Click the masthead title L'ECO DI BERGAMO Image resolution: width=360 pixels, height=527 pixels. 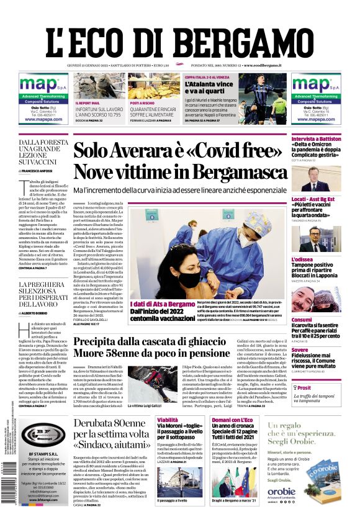179,37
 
